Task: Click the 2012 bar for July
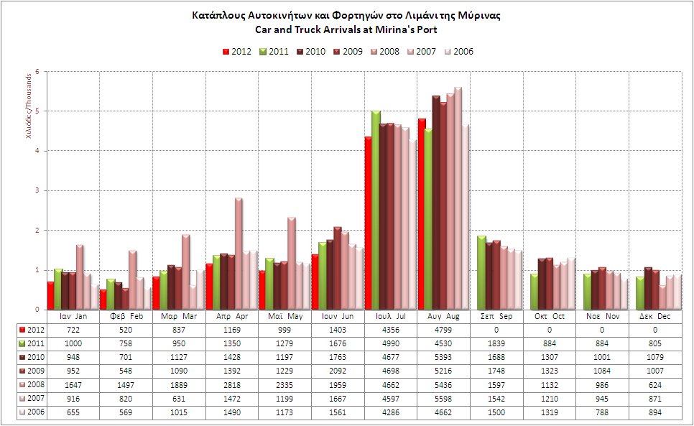point(368,223)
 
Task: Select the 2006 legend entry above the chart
point(458,51)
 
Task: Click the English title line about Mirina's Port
point(346,29)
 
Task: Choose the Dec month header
point(654,316)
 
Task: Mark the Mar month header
point(179,316)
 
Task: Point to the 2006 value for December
point(654,412)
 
